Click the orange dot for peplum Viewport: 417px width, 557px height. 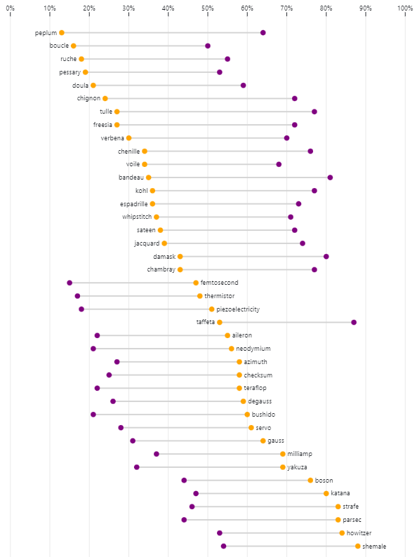[62, 33]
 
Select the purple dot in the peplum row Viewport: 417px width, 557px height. [263, 33]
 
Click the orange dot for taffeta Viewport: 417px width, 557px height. [220, 322]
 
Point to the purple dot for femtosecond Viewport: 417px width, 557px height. [69, 283]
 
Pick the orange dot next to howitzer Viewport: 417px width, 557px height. [343, 533]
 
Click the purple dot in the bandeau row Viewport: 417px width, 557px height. [330, 177]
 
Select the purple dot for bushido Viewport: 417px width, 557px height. [93, 415]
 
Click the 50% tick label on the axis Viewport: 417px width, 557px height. [208, 8]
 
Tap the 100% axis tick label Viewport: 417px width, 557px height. [404, 8]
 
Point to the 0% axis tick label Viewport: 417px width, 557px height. [11, 8]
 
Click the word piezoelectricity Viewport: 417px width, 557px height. [238, 309]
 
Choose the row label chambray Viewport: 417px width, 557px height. [161, 269]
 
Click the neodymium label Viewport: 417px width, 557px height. [253, 349]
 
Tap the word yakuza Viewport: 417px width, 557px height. [298, 467]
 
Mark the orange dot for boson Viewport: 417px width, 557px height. [310, 481]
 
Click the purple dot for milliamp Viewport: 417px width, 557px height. [157, 454]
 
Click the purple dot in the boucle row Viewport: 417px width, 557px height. [208, 46]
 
